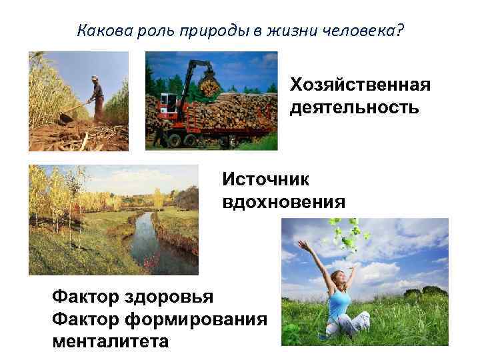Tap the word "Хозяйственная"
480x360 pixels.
(360, 85)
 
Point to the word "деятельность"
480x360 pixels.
(355, 107)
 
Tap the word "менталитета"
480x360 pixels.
(111, 341)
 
